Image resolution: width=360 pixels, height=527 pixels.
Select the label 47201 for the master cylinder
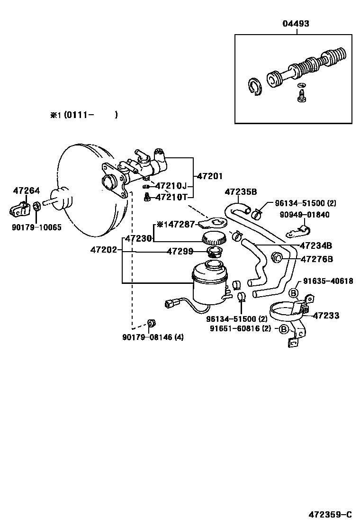pos(209,176)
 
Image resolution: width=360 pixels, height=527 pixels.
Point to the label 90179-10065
pos(36,227)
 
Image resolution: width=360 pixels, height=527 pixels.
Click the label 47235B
pos(241,192)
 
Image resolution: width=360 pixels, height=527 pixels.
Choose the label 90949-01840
pos(305,215)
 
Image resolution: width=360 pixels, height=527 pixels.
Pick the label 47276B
pos(317,259)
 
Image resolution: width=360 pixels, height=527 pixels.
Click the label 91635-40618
pos(328,281)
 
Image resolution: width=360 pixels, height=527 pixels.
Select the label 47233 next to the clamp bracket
pos(326,315)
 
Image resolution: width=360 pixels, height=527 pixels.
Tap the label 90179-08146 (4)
pos(153,337)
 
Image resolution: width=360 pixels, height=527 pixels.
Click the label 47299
pos(179,252)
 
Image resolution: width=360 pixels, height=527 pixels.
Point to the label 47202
pos(103,249)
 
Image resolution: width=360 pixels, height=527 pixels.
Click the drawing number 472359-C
pos(330,514)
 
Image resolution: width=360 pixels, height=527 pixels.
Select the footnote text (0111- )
pos(91,115)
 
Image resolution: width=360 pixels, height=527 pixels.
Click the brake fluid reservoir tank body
pos(209,285)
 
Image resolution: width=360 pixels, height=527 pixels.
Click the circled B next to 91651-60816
pos(284,329)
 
